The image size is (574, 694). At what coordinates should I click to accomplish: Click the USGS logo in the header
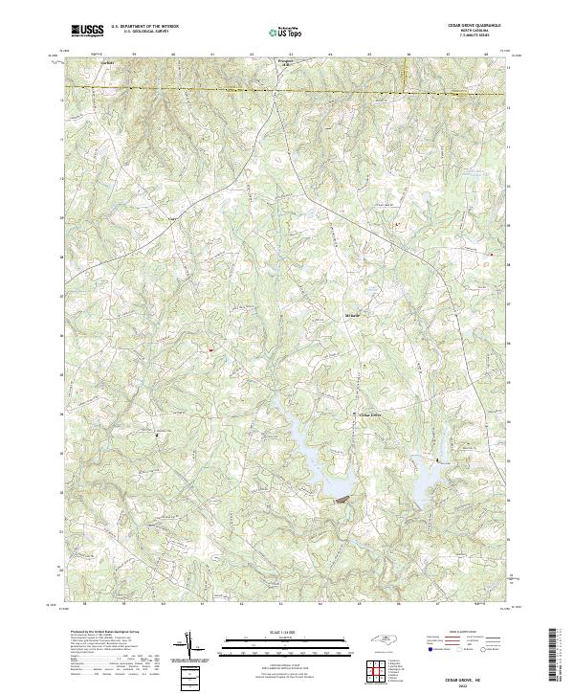point(86,30)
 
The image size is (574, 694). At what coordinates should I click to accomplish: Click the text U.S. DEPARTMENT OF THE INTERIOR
point(144,26)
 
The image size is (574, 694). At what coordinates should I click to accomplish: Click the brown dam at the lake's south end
point(340,498)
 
